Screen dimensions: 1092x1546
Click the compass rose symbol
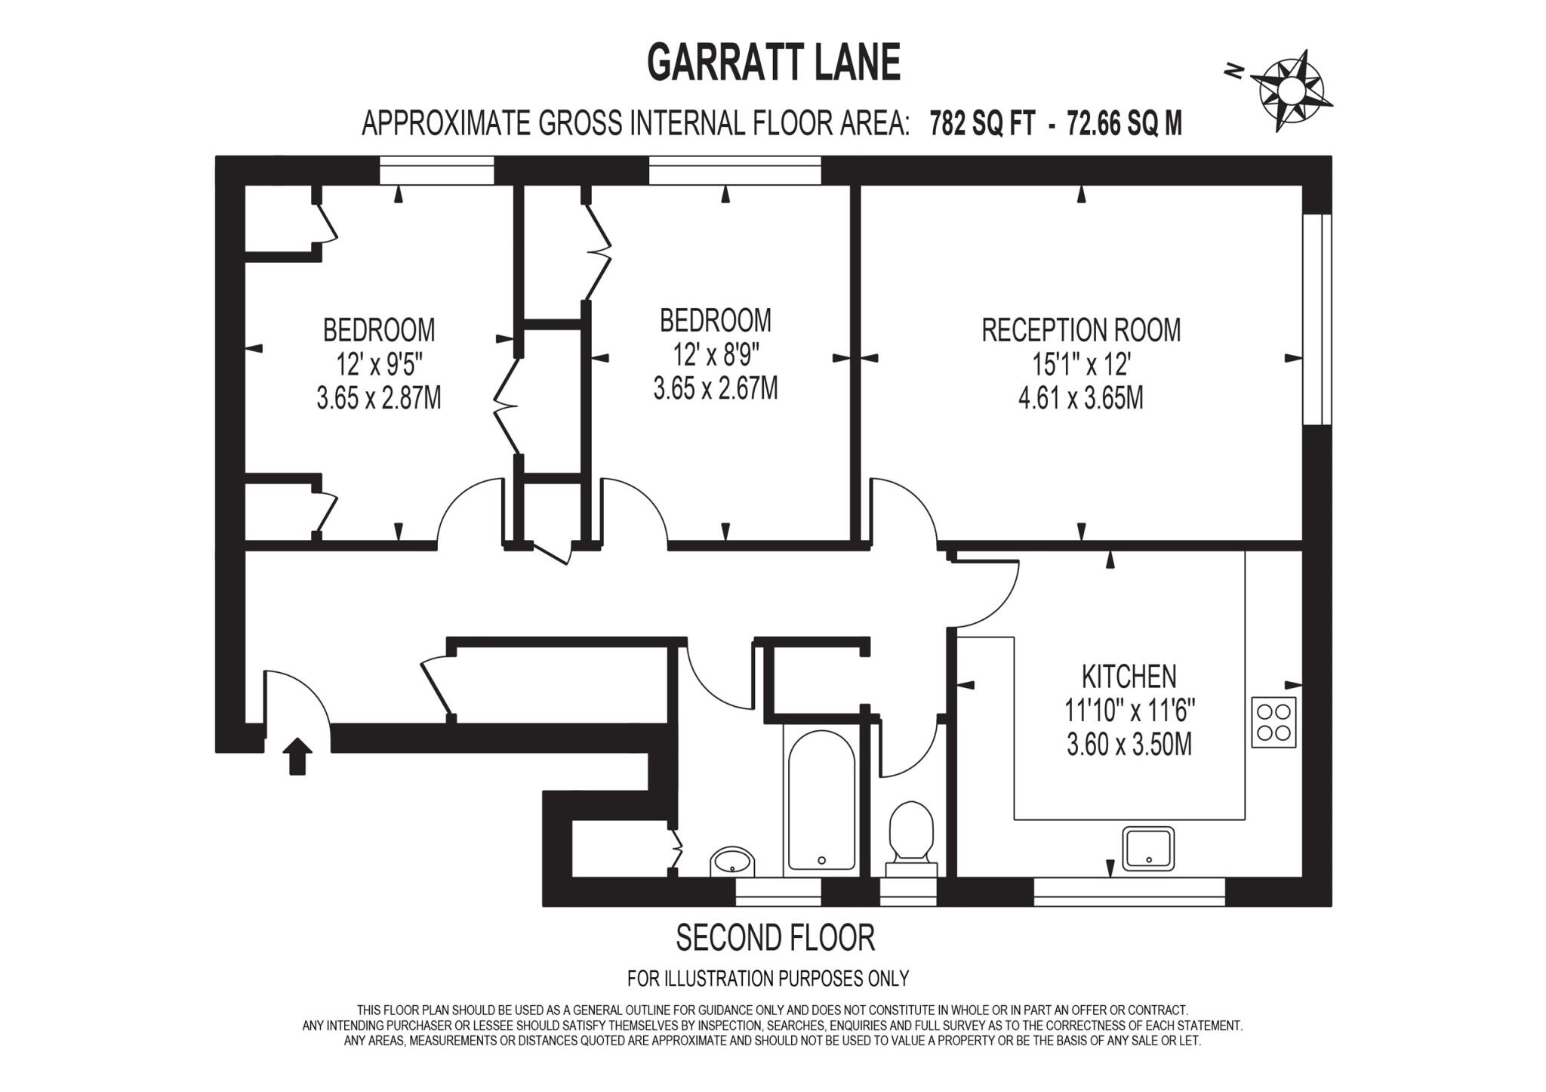click(x=1289, y=91)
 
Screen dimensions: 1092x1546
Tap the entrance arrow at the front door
click(x=297, y=755)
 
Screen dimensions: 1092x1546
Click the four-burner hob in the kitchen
click(x=1274, y=723)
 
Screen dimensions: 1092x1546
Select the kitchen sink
click(x=1148, y=848)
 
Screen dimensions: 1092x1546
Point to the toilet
click(x=911, y=836)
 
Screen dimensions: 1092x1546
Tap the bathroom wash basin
click(x=731, y=861)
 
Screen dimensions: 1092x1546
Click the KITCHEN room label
click(x=1129, y=677)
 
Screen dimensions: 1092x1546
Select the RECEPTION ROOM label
click(x=1081, y=331)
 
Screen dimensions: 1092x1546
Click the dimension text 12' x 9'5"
click(x=379, y=365)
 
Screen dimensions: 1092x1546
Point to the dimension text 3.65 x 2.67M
click(x=715, y=389)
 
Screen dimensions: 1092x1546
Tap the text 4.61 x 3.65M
click(x=1080, y=398)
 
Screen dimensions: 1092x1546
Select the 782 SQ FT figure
click(x=982, y=124)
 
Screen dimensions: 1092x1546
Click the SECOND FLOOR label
click(x=775, y=938)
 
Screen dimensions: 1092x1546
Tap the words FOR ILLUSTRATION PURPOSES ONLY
click(x=768, y=979)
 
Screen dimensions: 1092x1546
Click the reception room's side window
click(x=1318, y=319)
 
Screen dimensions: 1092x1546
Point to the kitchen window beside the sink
click(x=1129, y=892)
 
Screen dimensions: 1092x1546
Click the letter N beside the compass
click(x=1234, y=71)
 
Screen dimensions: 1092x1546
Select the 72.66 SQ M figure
click(x=1124, y=124)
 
